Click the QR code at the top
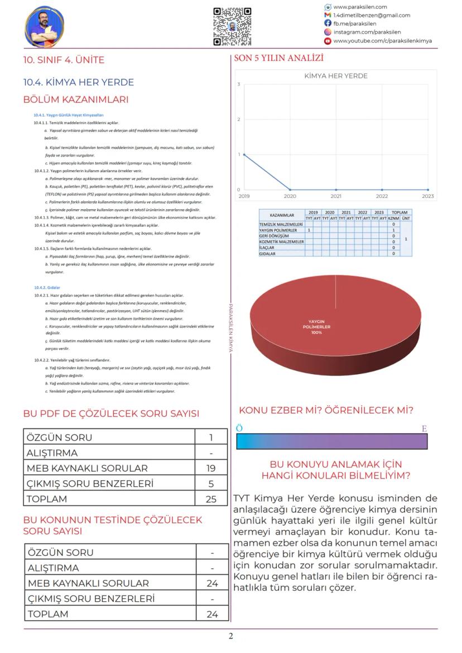(x=232, y=26)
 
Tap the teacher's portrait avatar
(x=44, y=26)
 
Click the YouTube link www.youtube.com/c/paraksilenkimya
(x=382, y=41)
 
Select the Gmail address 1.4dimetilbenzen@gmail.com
(x=372, y=15)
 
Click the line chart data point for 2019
(x=244, y=154)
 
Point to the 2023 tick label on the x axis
(x=428, y=196)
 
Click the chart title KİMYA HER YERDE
(x=335, y=76)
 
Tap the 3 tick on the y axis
(x=238, y=84)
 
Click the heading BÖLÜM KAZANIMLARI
(x=76, y=100)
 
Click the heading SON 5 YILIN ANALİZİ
(x=278, y=58)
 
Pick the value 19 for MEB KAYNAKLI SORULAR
(x=211, y=468)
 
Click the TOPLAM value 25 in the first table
(x=211, y=499)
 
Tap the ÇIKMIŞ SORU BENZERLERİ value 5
(x=211, y=483)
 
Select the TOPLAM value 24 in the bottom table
(x=212, y=614)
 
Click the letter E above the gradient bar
(x=424, y=429)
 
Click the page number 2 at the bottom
(x=230, y=636)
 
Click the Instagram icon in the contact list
(x=328, y=32)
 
